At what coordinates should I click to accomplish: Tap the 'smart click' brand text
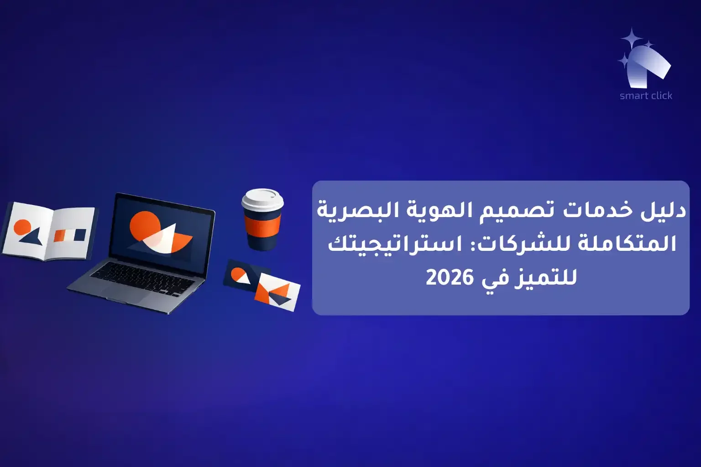646,96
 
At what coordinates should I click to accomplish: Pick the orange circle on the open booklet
22,227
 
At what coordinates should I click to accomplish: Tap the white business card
277,293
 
